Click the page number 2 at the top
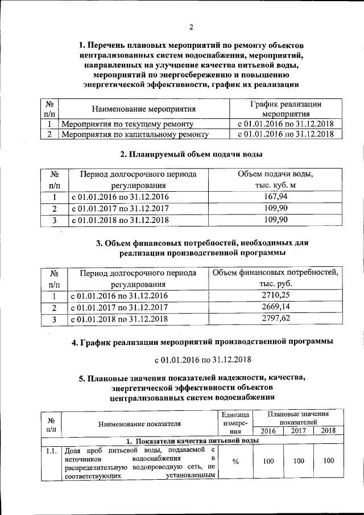pyautogui.click(x=192, y=27)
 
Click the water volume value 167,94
pyautogui.click(x=276, y=197)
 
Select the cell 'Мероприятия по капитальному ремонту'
pyautogui.click(x=135, y=134)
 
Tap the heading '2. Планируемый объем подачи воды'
pyautogui.click(x=191, y=154)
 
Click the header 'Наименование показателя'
pyautogui.click(x=139, y=423)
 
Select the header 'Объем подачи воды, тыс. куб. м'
pyautogui.click(x=276, y=179)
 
